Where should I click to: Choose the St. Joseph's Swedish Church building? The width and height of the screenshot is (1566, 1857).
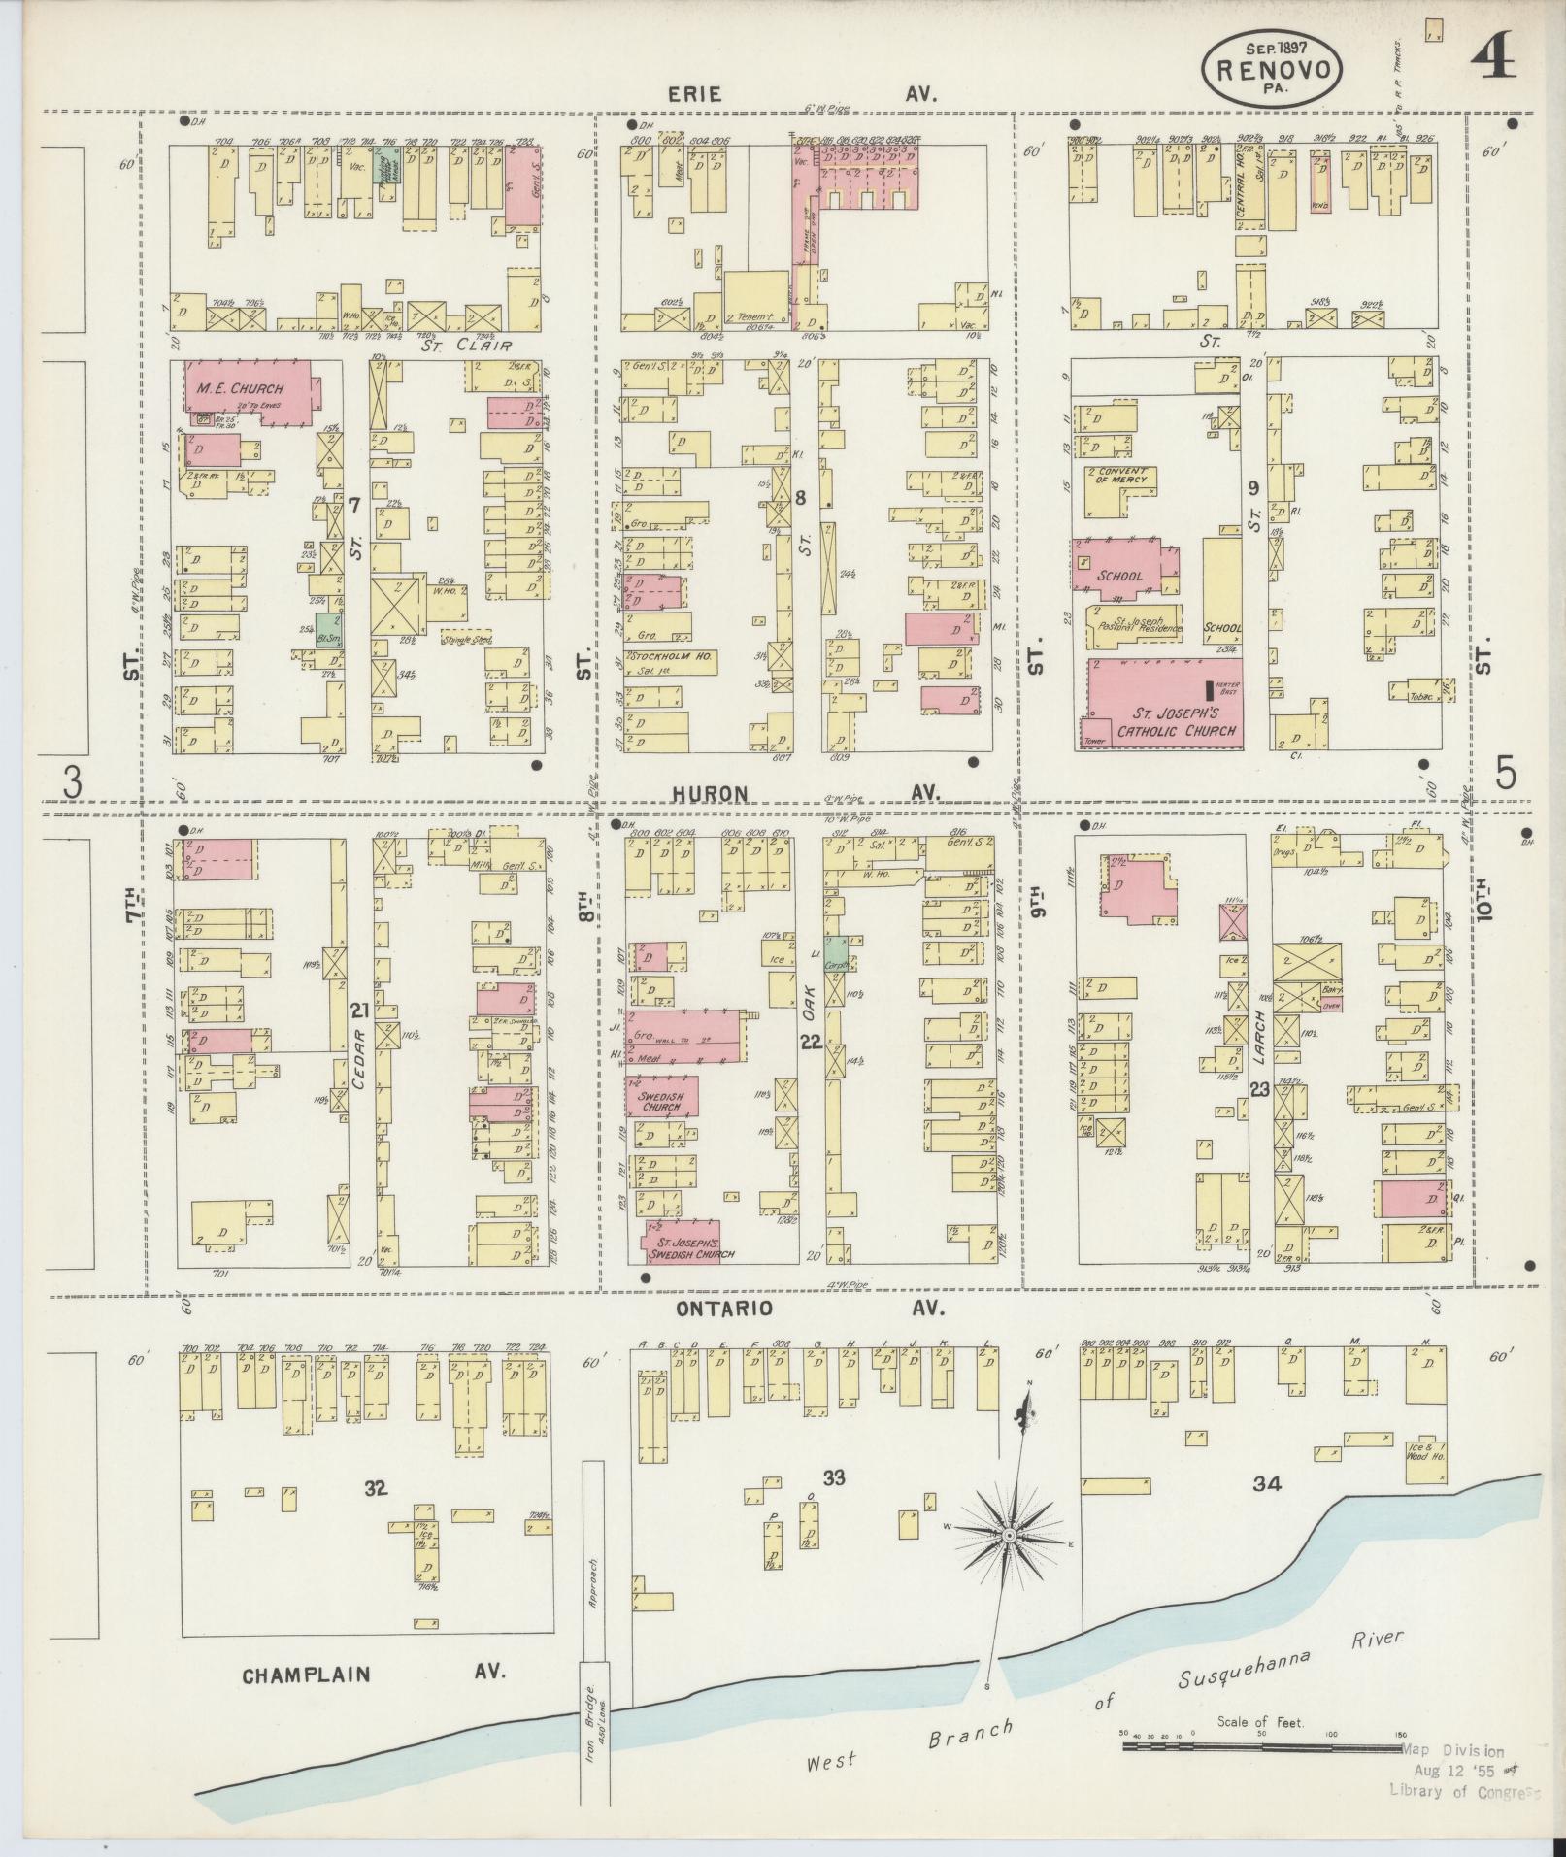(685, 1245)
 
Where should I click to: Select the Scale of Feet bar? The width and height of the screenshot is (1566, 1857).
(1261, 1746)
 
